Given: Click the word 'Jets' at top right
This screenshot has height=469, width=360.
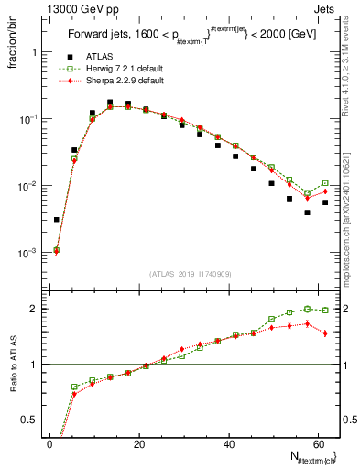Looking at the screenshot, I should tap(328, 8).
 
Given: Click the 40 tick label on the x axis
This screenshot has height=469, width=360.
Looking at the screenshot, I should tap(228, 444).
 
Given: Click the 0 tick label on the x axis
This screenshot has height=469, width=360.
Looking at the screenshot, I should tap(50, 444).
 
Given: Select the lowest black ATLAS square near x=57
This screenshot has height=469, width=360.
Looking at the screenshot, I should tap(308, 213).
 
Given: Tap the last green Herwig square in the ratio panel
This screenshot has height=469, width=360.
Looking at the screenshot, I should tap(325, 311).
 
